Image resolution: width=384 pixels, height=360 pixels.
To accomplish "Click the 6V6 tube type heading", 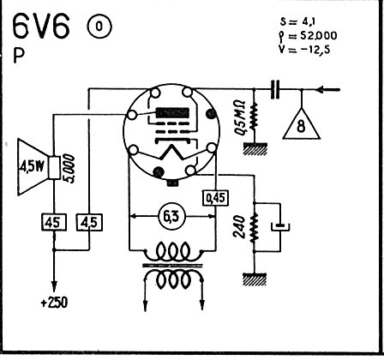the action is pyautogui.click(x=41, y=27).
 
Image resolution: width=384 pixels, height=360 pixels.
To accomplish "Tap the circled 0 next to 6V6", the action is pyautogui.click(x=99, y=27).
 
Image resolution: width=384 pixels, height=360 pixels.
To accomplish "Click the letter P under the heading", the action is pyautogui.click(x=19, y=56).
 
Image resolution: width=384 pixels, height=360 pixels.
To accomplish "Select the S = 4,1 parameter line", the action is pyautogui.click(x=298, y=21).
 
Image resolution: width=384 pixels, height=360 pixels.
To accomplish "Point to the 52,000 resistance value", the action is pyautogui.click(x=319, y=36).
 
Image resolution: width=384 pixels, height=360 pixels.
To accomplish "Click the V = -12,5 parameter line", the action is pyautogui.click(x=304, y=50).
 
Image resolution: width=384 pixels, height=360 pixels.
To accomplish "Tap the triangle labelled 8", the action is pyautogui.click(x=302, y=124).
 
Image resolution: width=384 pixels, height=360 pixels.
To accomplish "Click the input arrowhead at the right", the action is pyautogui.click(x=321, y=90).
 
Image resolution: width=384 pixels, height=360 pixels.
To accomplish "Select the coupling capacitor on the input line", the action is pyautogui.click(x=275, y=90).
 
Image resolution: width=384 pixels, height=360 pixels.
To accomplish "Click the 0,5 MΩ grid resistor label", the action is pyautogui.click(x=239, y=117).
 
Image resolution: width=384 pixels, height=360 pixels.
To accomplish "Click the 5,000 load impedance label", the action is pyautogui.click(x=69, y=169).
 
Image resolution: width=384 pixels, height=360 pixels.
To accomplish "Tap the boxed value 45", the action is pyautogui.click(x=54, y=222).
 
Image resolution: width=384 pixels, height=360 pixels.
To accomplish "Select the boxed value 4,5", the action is pyautogui.click(x=89, y=222).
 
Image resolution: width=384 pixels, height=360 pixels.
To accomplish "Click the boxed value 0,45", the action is pyautogui.click(x=216, y=198).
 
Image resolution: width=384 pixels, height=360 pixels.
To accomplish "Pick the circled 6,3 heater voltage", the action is pyautogui.click(x=172, y=217).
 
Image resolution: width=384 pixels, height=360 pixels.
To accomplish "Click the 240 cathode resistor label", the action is pyautogui.click(x=239, y=227).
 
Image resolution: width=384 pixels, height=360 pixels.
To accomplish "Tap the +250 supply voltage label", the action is pyautogui.click(x=55, y=303).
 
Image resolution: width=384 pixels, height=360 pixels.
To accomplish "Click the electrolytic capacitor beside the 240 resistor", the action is pyautogui.click(x=280, y=227).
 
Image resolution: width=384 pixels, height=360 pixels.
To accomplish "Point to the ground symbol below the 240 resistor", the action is pyautogui.click(x=255, y=279).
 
